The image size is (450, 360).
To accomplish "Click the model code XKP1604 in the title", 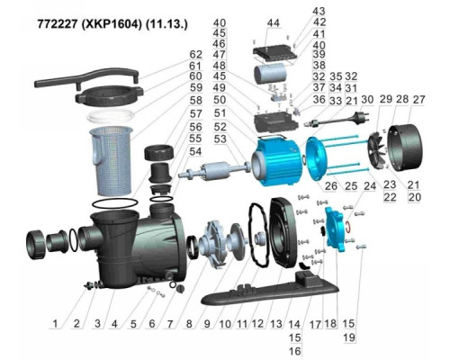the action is click(111, 24).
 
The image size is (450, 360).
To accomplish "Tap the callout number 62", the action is click(196, 55).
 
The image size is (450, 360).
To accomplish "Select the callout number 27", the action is click(418, 99).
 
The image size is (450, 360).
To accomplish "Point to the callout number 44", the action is click(273, 23).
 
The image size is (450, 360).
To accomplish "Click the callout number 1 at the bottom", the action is click(55, 324).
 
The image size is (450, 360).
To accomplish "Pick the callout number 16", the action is click(294, 351).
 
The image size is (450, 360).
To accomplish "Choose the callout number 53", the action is click(220, 139).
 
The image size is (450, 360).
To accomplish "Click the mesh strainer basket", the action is click(111, 160).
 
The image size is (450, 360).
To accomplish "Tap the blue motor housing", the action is click(277, 159).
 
